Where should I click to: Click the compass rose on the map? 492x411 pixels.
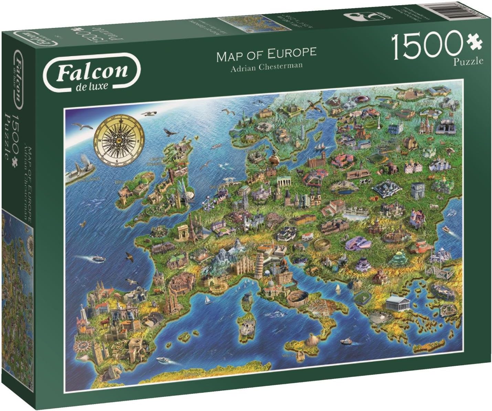tap(117, 142)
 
